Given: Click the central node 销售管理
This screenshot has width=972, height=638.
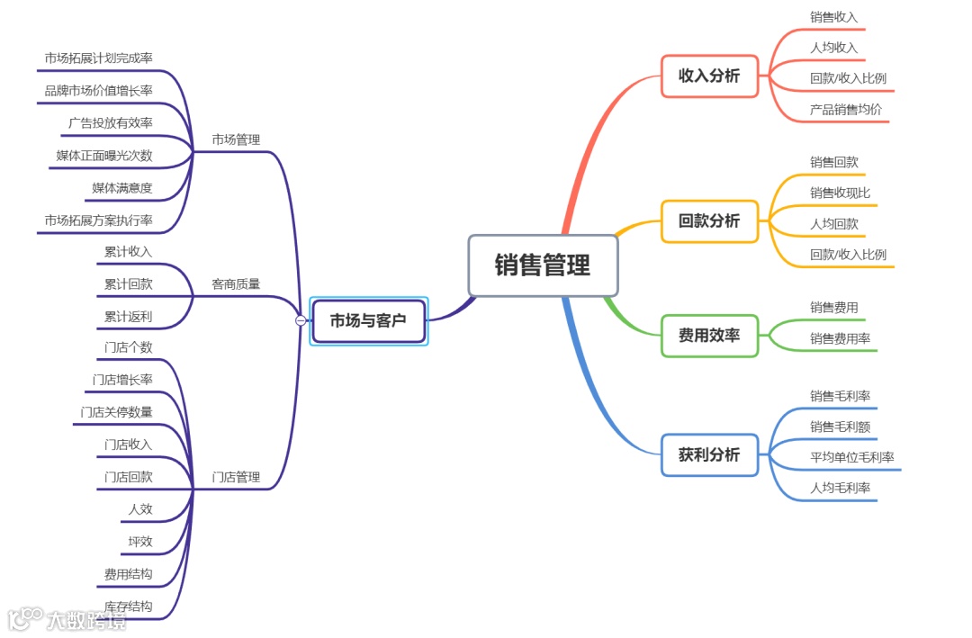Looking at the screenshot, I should [543, 265].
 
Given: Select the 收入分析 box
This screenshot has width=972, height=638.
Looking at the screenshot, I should [709, 76].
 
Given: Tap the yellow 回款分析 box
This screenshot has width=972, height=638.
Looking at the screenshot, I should [709, 220].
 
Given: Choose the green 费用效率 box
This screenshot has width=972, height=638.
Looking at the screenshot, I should [709, 336].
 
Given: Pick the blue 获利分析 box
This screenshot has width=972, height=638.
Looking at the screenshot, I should [709, 454].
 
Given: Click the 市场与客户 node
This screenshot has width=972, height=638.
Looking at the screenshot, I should [368, 320].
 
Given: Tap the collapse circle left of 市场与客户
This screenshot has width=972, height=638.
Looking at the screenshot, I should [301, 320].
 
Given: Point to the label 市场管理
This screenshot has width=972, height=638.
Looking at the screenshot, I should [236, 139].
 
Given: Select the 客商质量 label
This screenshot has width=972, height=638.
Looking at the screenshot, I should [236, 284].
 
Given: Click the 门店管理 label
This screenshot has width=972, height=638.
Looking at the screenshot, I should [236, 477].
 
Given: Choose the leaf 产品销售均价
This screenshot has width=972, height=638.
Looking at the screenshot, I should [846, 110].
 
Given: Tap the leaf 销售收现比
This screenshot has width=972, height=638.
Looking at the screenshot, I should [840, 193].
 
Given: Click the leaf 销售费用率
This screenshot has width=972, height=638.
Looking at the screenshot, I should [840, 338].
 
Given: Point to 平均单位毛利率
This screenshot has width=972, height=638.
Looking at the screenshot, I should [851, 457].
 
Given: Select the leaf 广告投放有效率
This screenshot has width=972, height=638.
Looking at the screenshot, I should [111, 123].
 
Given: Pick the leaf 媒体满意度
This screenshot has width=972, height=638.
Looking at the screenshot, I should [122, 188].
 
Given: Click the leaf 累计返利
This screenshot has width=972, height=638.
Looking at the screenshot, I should [128, 317].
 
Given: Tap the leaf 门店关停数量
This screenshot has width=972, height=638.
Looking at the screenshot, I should [116, 412].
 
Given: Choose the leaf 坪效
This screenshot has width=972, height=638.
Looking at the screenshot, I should [140, 542].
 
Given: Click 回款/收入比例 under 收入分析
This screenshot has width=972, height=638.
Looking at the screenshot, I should [848, 78].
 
